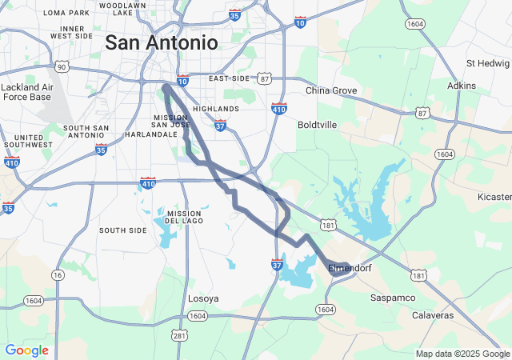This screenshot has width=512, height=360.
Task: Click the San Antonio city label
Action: [161, 42]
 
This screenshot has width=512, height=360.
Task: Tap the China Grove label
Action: [331, 90]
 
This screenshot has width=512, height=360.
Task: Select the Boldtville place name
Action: [317, 125]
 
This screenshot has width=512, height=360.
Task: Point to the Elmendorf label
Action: [350, 268]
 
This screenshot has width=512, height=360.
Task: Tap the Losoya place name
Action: [203, 298]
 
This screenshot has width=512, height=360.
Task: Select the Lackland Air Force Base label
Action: [26, 91]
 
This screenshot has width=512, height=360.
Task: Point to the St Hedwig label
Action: [486, 63]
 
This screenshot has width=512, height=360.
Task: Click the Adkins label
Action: [462, 85]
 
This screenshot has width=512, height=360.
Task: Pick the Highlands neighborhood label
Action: [215, 109]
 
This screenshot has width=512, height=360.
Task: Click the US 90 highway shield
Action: [62, 66]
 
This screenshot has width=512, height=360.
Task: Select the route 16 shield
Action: [58, 274]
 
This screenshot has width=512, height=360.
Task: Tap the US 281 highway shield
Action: [181, 334]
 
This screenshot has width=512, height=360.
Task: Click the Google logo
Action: [26, 350]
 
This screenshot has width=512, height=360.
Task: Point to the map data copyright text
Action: [462, 354]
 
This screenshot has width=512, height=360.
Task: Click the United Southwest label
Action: [27, 141]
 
